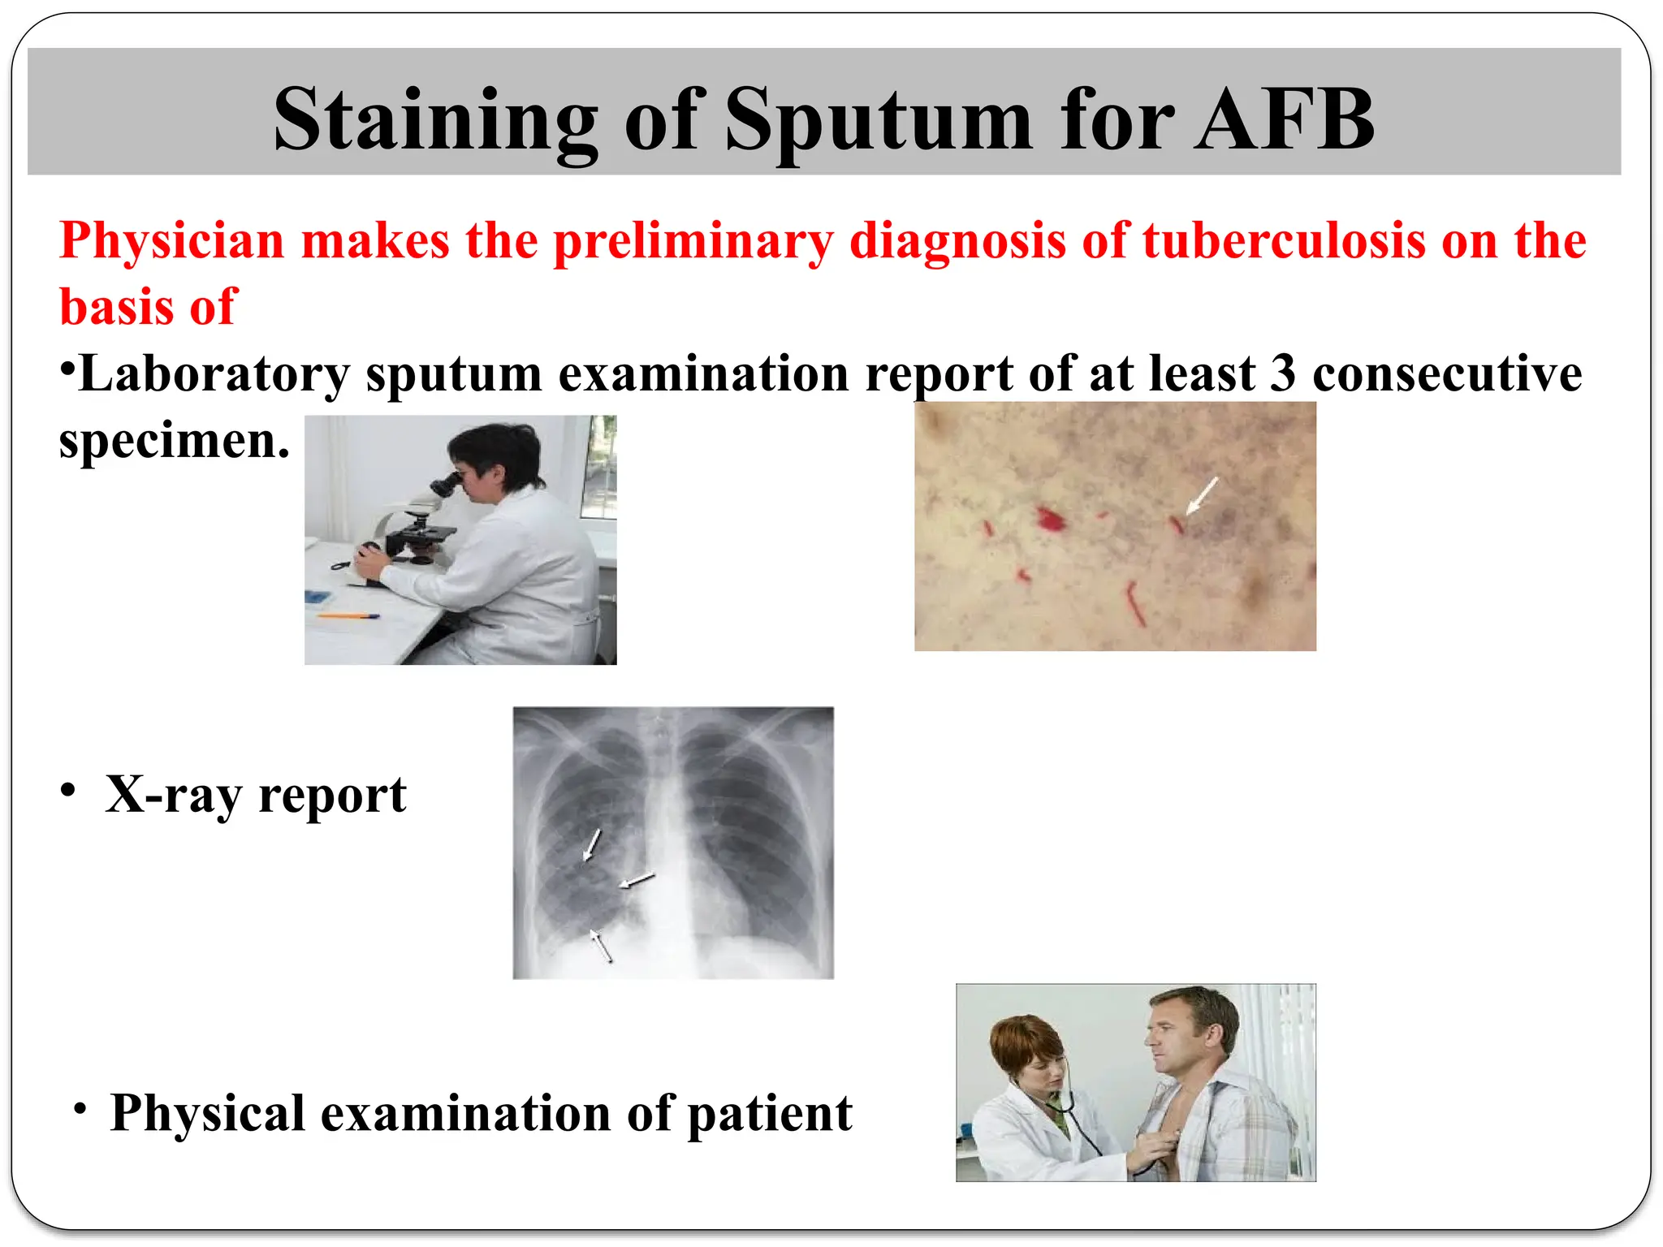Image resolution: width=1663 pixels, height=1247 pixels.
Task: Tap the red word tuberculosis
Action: tap(1284, 241)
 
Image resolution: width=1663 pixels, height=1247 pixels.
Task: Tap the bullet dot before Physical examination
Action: tap(80, 1108)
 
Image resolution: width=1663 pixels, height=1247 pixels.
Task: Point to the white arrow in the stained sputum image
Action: tap(1202, 495)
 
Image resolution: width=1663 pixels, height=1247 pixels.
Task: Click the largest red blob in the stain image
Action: tap(1050, 518)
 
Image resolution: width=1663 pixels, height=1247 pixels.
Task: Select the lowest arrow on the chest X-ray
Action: tap(601, 946)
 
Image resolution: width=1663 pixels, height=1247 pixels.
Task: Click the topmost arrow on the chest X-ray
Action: tap(593, 844)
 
